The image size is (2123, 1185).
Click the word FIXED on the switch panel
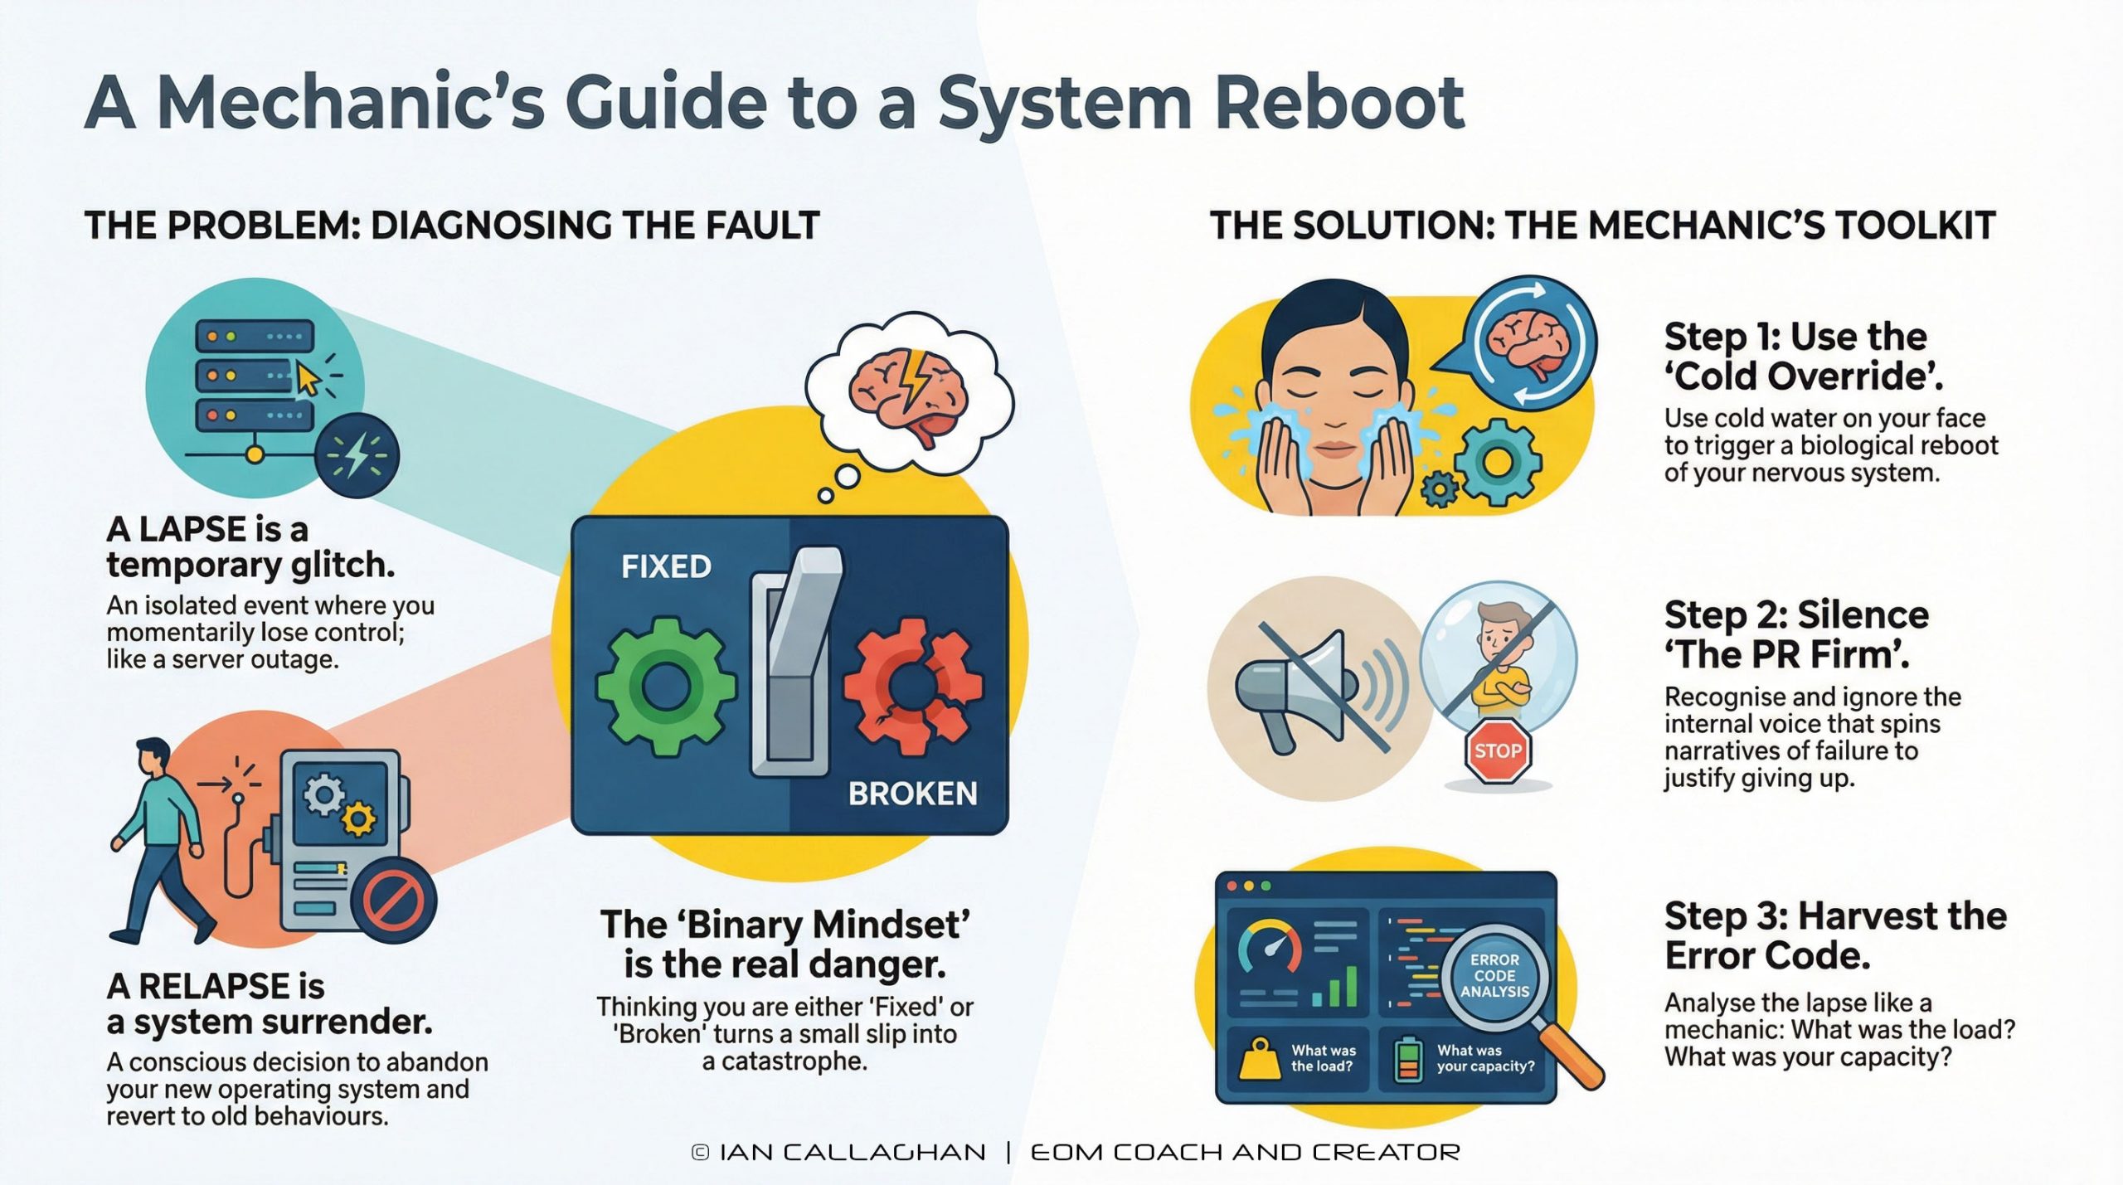click(x=666, y=567)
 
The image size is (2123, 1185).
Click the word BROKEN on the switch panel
click(x=912, y=794)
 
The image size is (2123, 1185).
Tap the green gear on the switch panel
click(x=665, y=686)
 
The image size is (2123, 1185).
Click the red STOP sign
click(x=1498, y=751)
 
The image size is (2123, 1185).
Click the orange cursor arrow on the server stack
click(x=307, y=380)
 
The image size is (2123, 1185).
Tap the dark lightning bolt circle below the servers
click(x=357, y=455)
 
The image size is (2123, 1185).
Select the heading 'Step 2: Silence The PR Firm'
click(x=1795, y=634)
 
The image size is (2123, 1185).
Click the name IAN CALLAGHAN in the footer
click(x=852, y=1153)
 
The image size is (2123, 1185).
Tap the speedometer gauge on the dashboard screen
click(x=1269, y=945)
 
